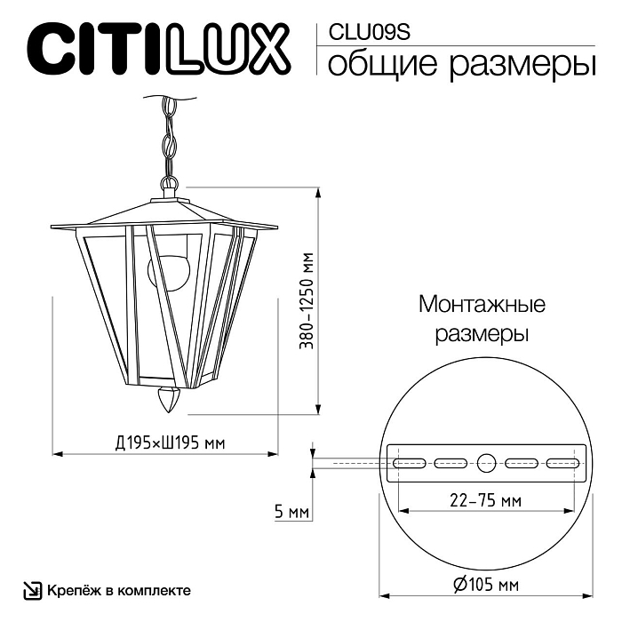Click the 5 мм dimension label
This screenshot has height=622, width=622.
291,512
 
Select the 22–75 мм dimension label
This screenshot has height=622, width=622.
485,501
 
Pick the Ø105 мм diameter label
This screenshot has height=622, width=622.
484,585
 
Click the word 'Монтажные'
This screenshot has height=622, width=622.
482,305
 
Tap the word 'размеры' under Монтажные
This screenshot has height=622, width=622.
482,335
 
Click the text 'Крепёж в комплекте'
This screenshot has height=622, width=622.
118,590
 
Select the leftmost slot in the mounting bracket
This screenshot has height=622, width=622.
410,462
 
